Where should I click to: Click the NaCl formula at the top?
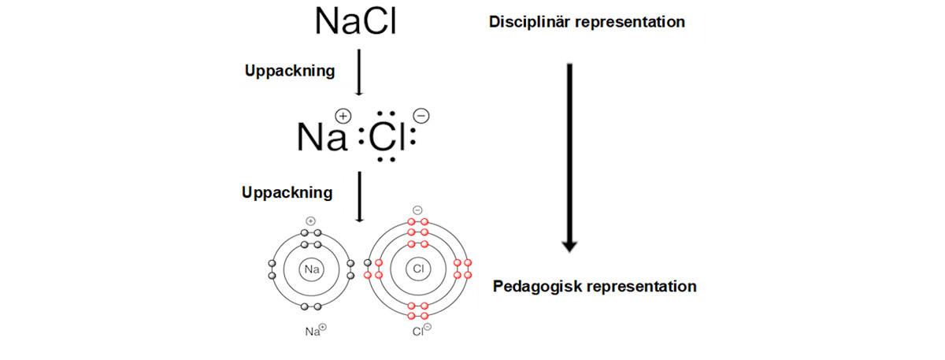(355, 21)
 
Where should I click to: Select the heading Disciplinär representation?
(587, 22)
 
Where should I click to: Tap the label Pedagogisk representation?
(595, 286)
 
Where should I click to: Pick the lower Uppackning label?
(287, 192)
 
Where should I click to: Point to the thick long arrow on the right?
(570, 158)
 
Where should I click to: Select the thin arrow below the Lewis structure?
(359, 197)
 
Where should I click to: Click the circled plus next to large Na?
(343, 115)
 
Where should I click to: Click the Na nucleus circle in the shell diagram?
(311, 269)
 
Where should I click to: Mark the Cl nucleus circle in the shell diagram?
(417, 269)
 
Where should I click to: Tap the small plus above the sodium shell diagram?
(311, 221)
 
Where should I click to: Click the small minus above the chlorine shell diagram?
(417, 210)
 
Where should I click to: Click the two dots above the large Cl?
(386, 113)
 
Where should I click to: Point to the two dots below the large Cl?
(386, 160)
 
